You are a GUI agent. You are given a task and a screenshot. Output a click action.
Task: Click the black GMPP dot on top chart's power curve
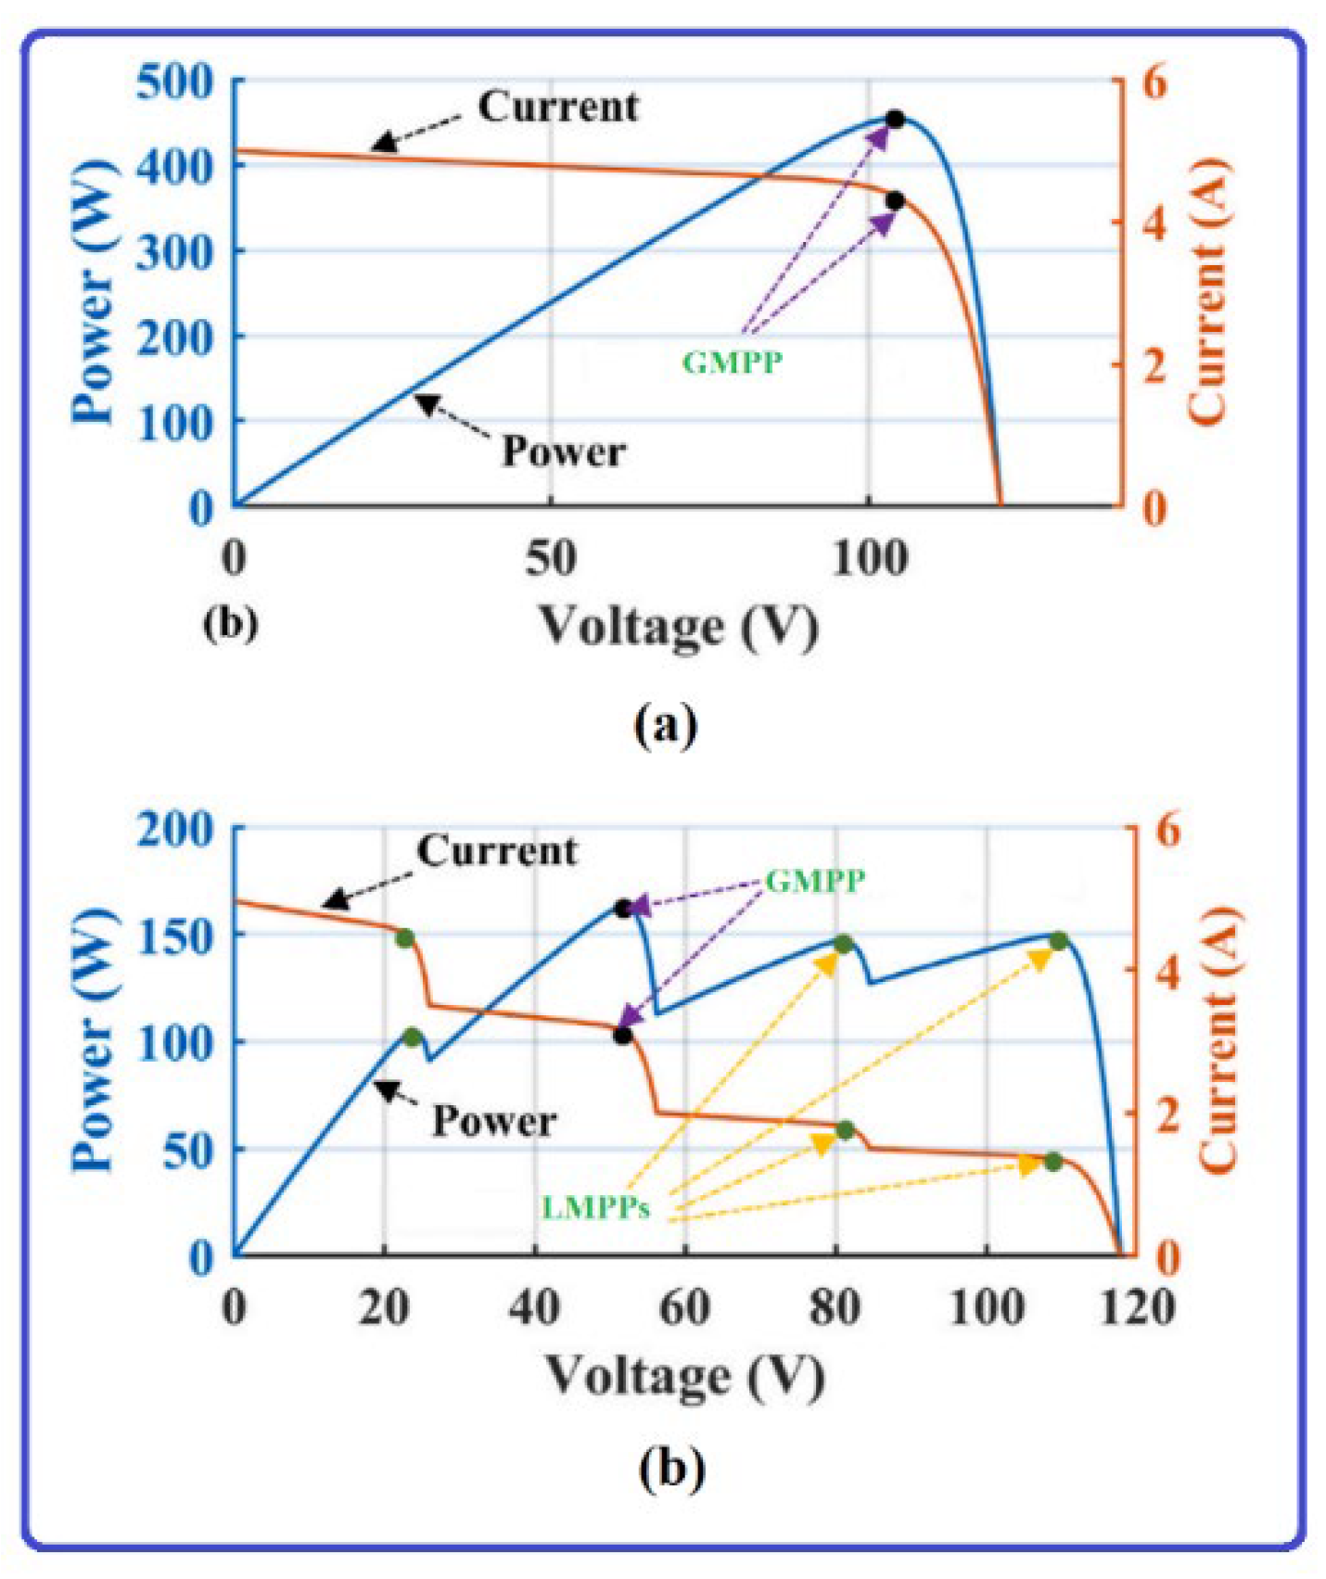tap(895, 120)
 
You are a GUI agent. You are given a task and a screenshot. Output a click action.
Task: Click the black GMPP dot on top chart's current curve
tap(895, 201)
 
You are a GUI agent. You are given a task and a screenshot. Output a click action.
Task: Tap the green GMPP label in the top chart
tap(733, 362)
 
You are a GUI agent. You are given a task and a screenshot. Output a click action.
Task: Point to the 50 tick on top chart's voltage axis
tap(551, 559)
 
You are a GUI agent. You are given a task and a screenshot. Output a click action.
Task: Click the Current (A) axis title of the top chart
tap(1209, 292)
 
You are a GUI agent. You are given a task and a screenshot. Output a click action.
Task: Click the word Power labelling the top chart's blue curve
tap(564, 452)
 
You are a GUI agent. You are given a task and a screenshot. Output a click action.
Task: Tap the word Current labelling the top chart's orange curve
tap(558, 108)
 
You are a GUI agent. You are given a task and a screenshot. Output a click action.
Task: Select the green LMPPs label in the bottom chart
tap(596, 1208)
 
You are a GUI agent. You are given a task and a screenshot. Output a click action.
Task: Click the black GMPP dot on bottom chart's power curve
tap(623, 910)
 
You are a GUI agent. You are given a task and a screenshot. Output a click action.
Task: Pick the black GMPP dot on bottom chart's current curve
tap(623, 1036)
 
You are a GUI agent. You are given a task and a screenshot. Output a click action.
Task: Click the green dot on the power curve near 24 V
tap(413, 1038)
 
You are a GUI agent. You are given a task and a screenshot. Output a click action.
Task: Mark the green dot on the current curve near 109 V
tap(1053, 1162)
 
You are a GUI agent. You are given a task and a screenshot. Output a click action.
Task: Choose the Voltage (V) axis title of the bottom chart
tap(684, 1376)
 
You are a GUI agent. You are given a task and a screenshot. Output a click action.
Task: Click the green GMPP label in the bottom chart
tap(815, 880)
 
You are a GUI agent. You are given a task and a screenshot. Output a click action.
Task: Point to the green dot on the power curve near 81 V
tap(843, 945)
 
